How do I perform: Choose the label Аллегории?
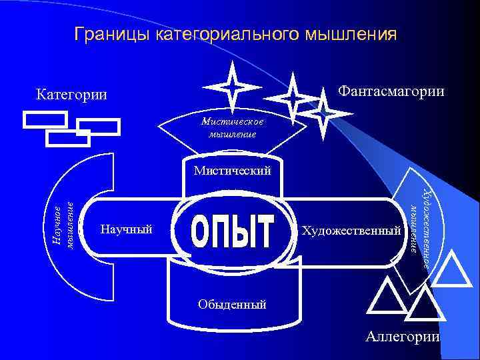click(403, 336)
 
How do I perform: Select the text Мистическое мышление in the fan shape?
click(233, 127)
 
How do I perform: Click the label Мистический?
click(233, 171)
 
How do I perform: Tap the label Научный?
click(126, 229)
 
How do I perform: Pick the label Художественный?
click(353, 231)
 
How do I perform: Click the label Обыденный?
click(232, 305)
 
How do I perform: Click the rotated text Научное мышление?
click(63, 227)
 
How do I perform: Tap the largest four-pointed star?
click(232, 87)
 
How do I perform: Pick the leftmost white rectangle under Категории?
click(45, 119)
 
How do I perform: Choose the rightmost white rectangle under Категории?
click(98, 127)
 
